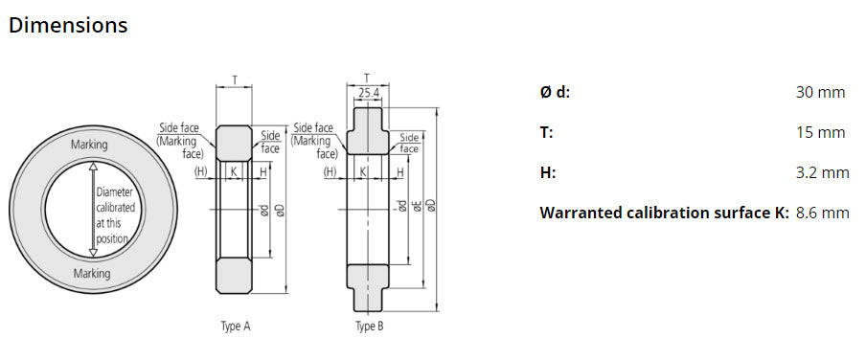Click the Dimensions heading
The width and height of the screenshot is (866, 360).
[68, 26]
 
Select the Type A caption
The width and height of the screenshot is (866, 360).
[236, 326]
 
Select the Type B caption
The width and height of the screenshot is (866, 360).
[369, 326]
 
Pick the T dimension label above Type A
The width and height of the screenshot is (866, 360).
[235, 80]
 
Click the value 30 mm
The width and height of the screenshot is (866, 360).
[820, 93]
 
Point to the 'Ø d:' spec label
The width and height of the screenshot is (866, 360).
[555, 93]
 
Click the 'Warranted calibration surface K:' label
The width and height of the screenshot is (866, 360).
[664, 213]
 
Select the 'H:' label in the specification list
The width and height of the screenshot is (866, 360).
[548, 172]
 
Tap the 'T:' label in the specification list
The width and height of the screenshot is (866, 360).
[547, 132]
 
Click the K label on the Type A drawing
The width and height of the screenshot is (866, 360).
[234, 171]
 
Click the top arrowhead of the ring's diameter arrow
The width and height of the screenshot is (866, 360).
[93, 166]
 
